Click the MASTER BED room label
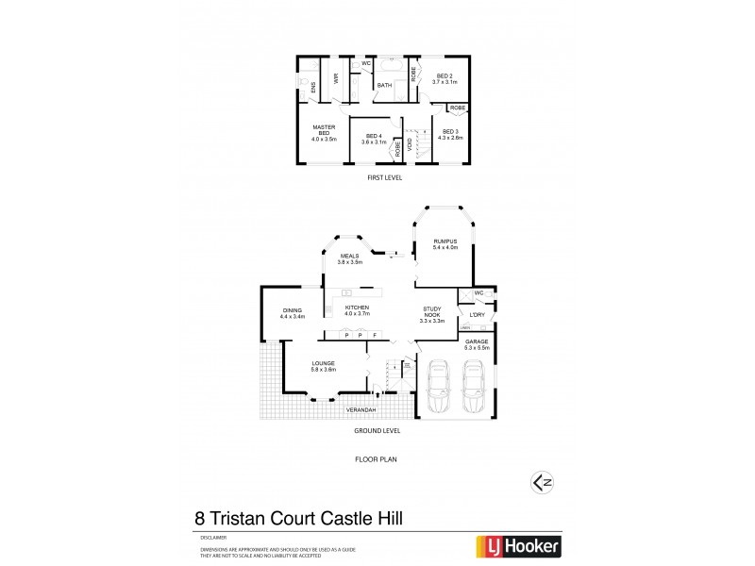324,128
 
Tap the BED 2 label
444,76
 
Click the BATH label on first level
384,86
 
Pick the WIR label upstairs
336,79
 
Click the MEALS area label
349,256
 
